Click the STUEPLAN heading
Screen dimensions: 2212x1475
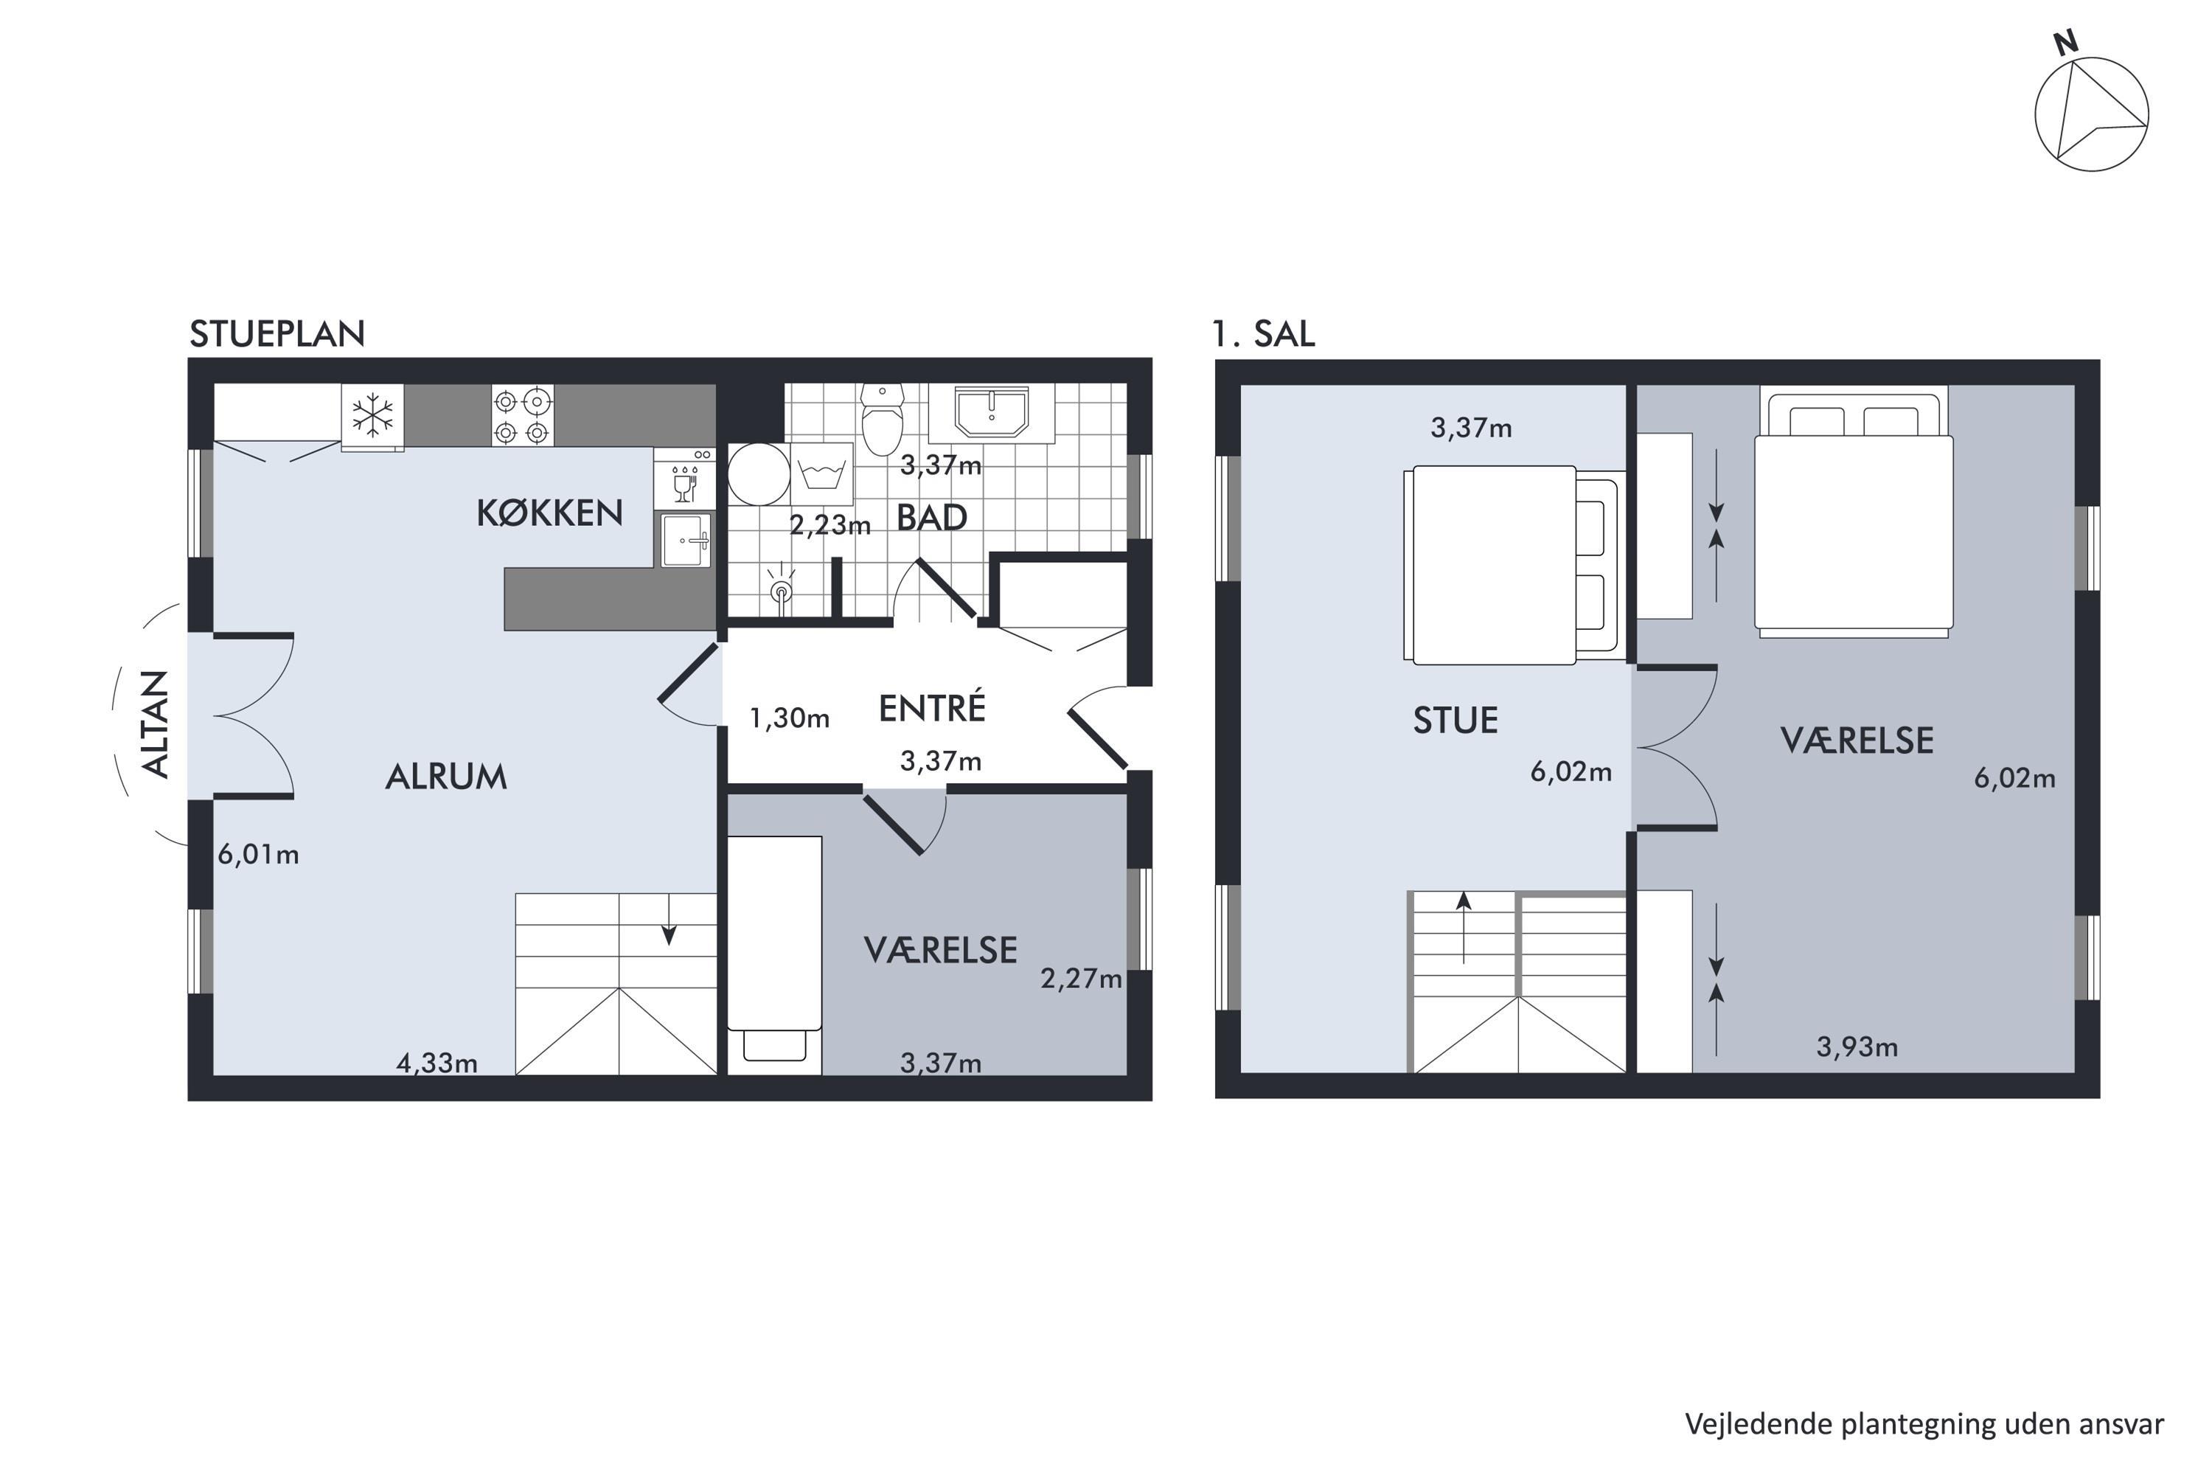277,334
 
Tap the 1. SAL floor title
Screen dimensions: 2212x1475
1263,334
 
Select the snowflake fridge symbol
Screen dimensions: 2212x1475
372,414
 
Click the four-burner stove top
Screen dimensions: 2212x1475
522,414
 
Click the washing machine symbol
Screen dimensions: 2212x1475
821,474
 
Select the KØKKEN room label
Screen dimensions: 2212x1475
550,513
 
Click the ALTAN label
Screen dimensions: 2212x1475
156,724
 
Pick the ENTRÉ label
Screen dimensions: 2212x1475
932,707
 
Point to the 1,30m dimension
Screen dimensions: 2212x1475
789,718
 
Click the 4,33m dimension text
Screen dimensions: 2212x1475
437,1063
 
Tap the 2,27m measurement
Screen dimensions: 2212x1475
1082,979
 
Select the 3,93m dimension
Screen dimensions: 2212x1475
1857,1047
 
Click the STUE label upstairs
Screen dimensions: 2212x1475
1455,721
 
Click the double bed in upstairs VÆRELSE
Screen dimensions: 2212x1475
1854,513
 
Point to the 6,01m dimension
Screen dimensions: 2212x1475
259,854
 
